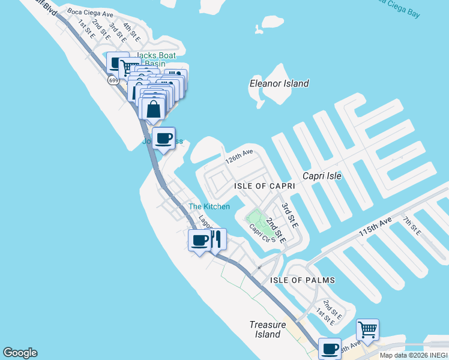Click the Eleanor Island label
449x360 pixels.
[x=279, y=83]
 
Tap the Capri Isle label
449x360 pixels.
[x=322, y=176]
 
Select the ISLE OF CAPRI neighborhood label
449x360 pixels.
[x=264, y=187]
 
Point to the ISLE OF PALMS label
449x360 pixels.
[x=302, y=280]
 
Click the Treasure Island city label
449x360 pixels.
[x=265, y=329]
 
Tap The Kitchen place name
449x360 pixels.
[x=209, y=206]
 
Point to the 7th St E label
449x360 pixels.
[x=411, y=225]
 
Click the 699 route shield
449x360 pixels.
[x=113, y=80]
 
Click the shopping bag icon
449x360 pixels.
[x=154, y=109]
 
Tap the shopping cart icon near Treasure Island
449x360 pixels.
[x=367, y=329]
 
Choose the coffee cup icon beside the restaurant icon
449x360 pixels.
[x=200, y=241]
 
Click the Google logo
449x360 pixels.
[x=20, y=353]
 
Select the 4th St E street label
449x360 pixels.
[x=131, y=32]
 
